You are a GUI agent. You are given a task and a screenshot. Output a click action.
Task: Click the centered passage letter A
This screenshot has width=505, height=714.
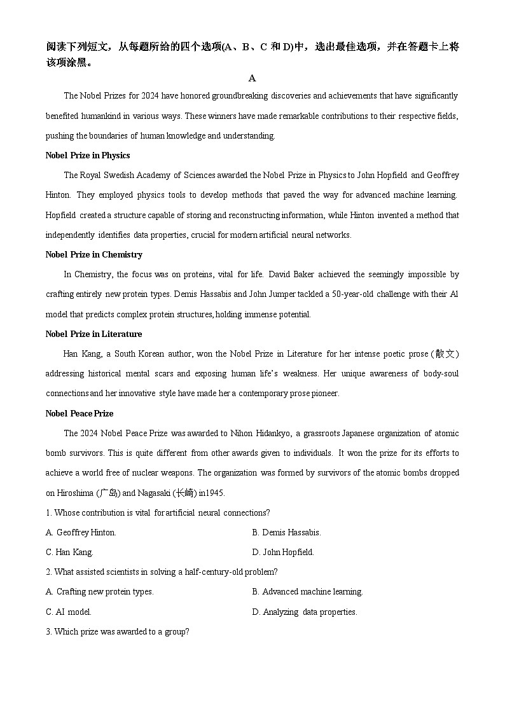click(x=252, y=78)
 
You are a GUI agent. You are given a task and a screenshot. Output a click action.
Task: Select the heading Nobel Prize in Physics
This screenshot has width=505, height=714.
click(x=88, y=156)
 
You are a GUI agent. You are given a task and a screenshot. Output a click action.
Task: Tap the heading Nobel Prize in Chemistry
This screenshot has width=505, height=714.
click(x=94, y=255)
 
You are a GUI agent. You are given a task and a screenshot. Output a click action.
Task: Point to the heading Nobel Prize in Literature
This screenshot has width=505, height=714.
click(x=94, y=334)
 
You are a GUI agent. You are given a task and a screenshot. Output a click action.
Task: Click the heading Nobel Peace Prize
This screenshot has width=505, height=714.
click(x=80, y=414)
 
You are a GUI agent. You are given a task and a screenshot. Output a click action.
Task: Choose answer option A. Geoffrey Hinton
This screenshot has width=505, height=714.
click(x=81, y=533)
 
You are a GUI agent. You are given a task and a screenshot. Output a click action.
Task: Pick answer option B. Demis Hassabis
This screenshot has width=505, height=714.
click(x=286, y=533)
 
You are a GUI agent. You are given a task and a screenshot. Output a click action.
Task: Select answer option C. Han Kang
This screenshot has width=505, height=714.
click(x=69, y=553)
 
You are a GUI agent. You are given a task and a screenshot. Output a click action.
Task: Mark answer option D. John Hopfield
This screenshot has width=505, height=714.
click(x=283, y=553)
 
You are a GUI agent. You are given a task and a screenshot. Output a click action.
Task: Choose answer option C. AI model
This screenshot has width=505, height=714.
click(x=69, y=612)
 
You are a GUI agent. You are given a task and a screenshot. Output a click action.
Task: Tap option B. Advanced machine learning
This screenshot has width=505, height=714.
click(x=307, y=592)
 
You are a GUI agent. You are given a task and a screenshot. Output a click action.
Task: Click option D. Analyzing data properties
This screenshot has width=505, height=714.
click(x=305, y=612)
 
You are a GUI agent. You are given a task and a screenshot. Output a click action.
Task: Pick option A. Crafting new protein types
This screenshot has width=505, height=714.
click(x=100, y=592)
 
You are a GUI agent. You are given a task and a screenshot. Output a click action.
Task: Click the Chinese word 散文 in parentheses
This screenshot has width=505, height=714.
click(x=445, y=354)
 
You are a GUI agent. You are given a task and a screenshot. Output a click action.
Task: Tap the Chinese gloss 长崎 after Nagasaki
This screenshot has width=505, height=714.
click(x=184, y=493)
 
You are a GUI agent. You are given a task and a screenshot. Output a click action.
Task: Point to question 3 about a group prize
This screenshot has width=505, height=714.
click(x=118, y=632)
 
